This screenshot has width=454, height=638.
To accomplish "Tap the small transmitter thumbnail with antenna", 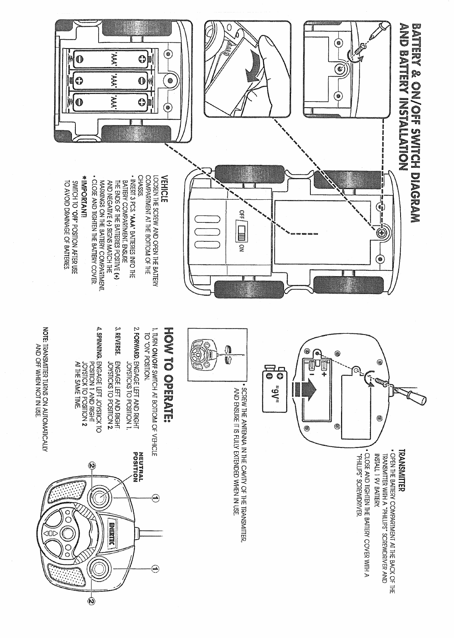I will click(x=203, y=354).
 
